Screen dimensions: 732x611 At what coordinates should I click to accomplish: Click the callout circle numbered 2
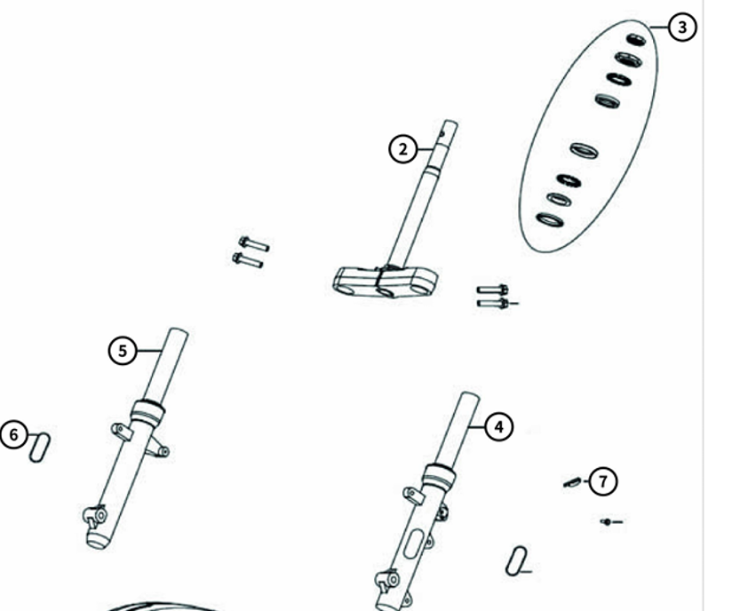click(402, 149)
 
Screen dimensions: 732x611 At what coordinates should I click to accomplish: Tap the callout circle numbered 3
click(682, 27)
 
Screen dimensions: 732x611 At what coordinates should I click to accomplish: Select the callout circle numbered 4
click(499, 426)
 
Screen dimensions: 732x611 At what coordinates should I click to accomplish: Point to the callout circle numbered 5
click(123, 351)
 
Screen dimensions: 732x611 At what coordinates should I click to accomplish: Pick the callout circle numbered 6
click(13, 435)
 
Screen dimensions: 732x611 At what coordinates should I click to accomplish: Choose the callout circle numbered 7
click(602, 480)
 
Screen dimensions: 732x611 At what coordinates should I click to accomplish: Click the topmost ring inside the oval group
click(635, 40)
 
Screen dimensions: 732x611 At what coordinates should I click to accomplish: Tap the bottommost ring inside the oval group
click(550, 220)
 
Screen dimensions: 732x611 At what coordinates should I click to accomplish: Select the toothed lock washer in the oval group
click(569, 180)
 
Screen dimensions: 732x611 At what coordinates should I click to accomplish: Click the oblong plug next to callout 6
click(40, 448)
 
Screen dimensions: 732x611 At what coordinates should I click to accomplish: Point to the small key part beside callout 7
click(572, 482)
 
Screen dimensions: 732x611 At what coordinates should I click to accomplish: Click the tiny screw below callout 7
click(611, 521)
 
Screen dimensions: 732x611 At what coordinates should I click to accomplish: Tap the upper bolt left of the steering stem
click(254, 244)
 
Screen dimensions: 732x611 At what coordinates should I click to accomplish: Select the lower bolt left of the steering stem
click(248, 260)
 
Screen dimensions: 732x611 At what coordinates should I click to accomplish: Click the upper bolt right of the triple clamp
click(492, 290)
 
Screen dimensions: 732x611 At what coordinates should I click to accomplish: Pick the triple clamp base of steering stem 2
click(386, 282)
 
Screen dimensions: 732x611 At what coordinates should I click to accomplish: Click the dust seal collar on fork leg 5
click(147, 412)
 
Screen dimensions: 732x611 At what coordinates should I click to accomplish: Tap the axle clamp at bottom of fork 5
click(95, 516)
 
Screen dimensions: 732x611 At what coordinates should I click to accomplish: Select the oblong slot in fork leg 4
click(413, 544)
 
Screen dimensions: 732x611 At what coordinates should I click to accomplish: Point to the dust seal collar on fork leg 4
click(439, 476)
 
